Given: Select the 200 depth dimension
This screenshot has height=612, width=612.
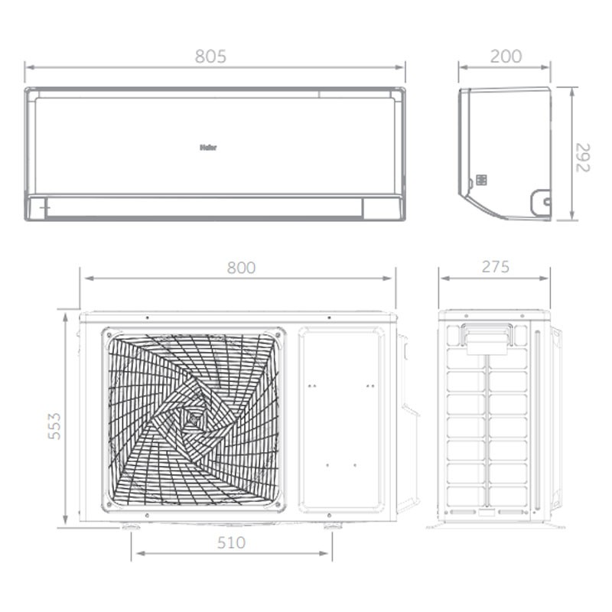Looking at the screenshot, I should pos(506,57).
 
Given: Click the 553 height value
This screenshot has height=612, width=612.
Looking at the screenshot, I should pos(54,425).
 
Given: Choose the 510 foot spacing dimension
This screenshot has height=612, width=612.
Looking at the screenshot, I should pos(231,543).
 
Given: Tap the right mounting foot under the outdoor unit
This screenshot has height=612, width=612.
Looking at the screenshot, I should pos(333,526).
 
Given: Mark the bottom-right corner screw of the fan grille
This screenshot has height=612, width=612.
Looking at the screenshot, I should pos(278,506).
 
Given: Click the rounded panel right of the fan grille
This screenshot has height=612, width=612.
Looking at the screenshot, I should pos(341,419).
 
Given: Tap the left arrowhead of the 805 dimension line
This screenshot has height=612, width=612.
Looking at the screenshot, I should pos(28,67).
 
